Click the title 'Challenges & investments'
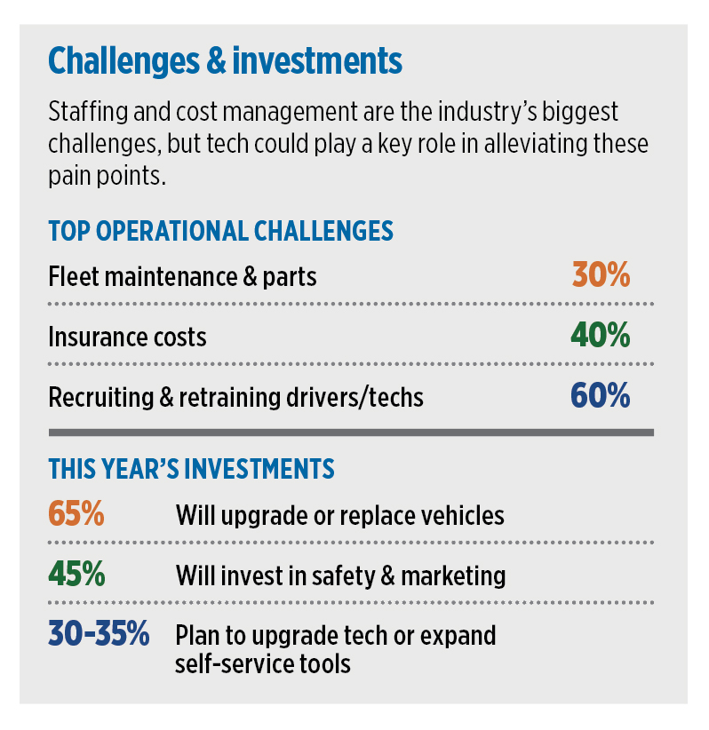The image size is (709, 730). pos(225,62)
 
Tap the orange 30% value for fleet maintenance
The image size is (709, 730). pos(601,276)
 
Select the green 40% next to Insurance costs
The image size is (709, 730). pos(601,337)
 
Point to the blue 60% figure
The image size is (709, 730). pos(601,396)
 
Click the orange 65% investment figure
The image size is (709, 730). pos(77,514)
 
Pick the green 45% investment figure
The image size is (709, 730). pos(77,575)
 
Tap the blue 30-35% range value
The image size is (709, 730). pos(99,635)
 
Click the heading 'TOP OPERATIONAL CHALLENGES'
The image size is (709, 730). pos(220,232)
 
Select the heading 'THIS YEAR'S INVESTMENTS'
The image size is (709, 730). pos(191,470)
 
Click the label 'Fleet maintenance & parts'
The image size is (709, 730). pos(182,277)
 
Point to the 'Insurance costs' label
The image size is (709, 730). pos(127,337)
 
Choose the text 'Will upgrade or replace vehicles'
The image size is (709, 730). pos(339,515)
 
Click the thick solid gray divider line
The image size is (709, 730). pos(351,432)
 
